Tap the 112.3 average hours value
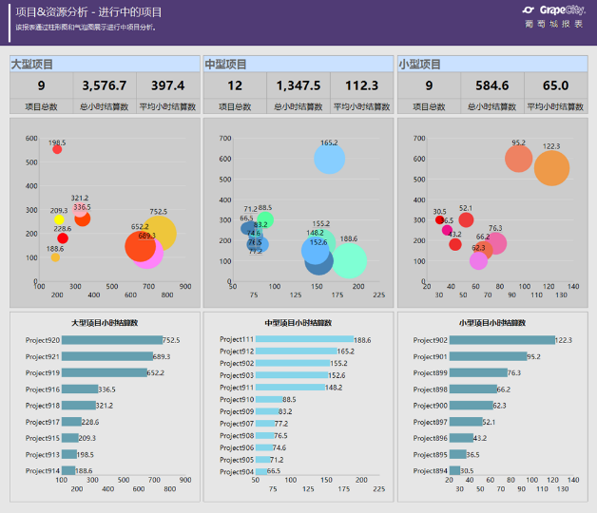click(x=362, y=85)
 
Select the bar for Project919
click(x=106, y=372)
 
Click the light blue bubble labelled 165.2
click(x=329, y=159)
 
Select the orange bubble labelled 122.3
click(x=551, y=167)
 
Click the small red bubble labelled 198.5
click(x=57, y=149)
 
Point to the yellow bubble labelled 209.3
click(x=59, y=220)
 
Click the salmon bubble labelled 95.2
click(x=518, y=159)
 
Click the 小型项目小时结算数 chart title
click(x=491, y=323)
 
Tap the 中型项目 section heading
click(x=226, y=64)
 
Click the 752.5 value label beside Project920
click(x=171, y=340)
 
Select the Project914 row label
click(x=43, y=471)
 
